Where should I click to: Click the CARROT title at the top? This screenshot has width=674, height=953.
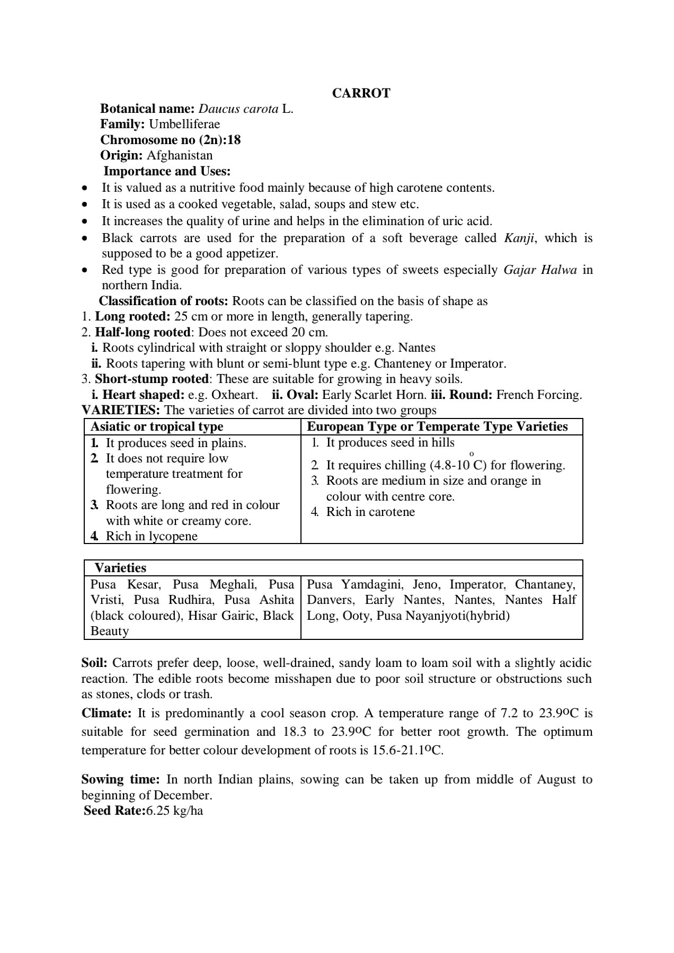[x=361, y=93]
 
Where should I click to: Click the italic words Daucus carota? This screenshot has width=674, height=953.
[x=238, y=109]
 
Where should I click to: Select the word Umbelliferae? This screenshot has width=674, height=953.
[x=184, y=124]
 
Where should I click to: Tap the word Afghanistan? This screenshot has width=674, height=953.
[x=179, y=156]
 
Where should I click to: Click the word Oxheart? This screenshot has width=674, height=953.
[x=234, y=395]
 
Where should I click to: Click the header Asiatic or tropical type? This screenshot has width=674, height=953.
[x=157, y=427]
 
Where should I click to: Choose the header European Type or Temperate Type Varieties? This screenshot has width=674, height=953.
[x=437, y=427]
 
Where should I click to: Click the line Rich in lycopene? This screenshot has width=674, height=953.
[x=152, y=537]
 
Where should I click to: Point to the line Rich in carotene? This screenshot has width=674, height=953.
[x=370, y=512]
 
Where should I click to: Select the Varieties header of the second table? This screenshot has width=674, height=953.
[x=120, y=568]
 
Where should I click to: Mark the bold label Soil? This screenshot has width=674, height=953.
[x=94, y=663]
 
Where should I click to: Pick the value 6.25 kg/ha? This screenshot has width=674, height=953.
[x=175, y=811]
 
